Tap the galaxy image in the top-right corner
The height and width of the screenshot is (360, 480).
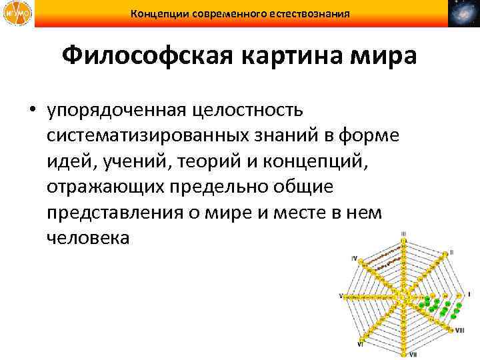click(463, 14)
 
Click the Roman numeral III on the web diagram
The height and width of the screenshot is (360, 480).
click(404, 235)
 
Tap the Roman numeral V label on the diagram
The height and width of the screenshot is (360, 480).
click(341, 295)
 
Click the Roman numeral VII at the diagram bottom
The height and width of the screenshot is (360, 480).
click(413, 353)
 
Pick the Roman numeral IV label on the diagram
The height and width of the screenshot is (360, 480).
click(355, 257)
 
